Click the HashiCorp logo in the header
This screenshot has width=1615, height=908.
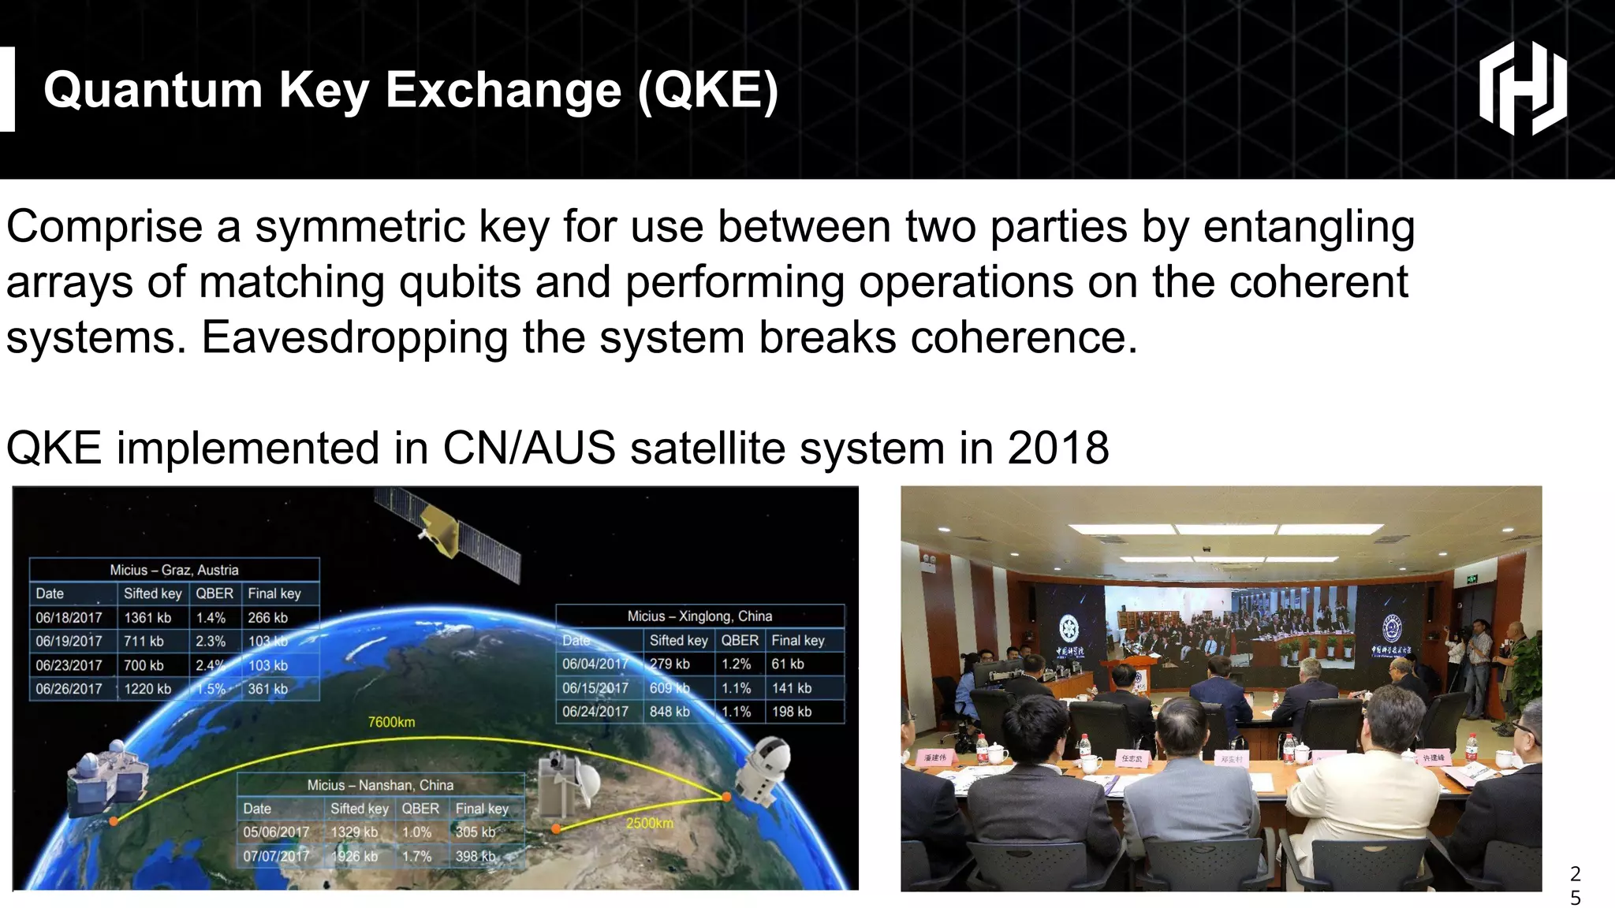pyautogui.click(x=1522, y=88)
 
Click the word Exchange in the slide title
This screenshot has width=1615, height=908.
pyautogui.click(x=503, y=90)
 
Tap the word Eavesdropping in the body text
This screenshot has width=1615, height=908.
pyautogui.click(x=355, y=337)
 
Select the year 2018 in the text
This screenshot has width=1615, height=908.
pyautogui.click(x=1057, y=448)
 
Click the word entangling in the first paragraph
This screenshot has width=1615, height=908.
pyautogui.click(x=1308, y=227)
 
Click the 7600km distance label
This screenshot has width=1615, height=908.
pyautogui.click(x=391, y=722)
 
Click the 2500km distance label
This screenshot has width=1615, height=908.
pyautogui.click(x=649, y=823)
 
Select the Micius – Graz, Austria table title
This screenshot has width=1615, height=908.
pyautogui.click(x=173, y=570)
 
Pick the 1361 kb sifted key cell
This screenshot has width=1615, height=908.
pyautogui.click(x=147, y=618)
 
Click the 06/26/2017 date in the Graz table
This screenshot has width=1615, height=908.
pyautogui.click(x=69, y=689)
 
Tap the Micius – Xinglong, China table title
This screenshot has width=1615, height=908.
pyautogui.click(x=699, y=616)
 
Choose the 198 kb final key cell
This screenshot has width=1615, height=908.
pyautogui.click(x=791, y=712)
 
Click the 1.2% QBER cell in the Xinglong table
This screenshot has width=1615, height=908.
pyautogui.click(x=735, y=664)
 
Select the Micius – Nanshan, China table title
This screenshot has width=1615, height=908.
pyautogui.click(x=380, y=785)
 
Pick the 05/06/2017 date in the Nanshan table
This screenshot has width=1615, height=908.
pyautogui.click(x=276, y=832)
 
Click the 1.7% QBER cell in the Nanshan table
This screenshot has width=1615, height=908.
pyautogui.click(x=416, y=856)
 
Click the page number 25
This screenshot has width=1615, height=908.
pyautogui.click(x=1575, y=885)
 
